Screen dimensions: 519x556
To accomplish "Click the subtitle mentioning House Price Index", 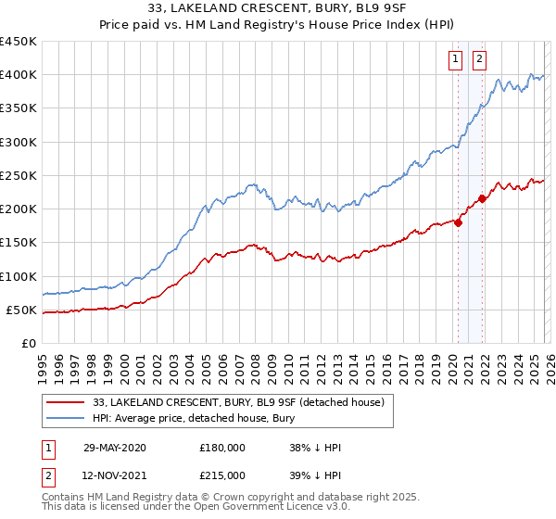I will pyautogui.click(x=277, y=27).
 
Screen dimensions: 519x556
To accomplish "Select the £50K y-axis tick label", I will pyautogui.click(x=22, y=310).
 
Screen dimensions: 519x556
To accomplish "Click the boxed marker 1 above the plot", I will pyautogui.click(x=457, y=60).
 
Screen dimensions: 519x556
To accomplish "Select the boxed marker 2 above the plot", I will pyautogui.click(x=480, y=60).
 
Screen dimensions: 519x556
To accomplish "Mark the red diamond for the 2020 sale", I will pyautogui.click(x=458, y=222).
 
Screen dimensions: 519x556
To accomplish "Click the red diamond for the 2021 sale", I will pyautogui.click(x=482, y=199).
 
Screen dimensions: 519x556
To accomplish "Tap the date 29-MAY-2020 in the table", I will pyautogui.click(x=114, y=448).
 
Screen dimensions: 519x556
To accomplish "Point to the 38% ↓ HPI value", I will pyautogui.click(x=315, y=448).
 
